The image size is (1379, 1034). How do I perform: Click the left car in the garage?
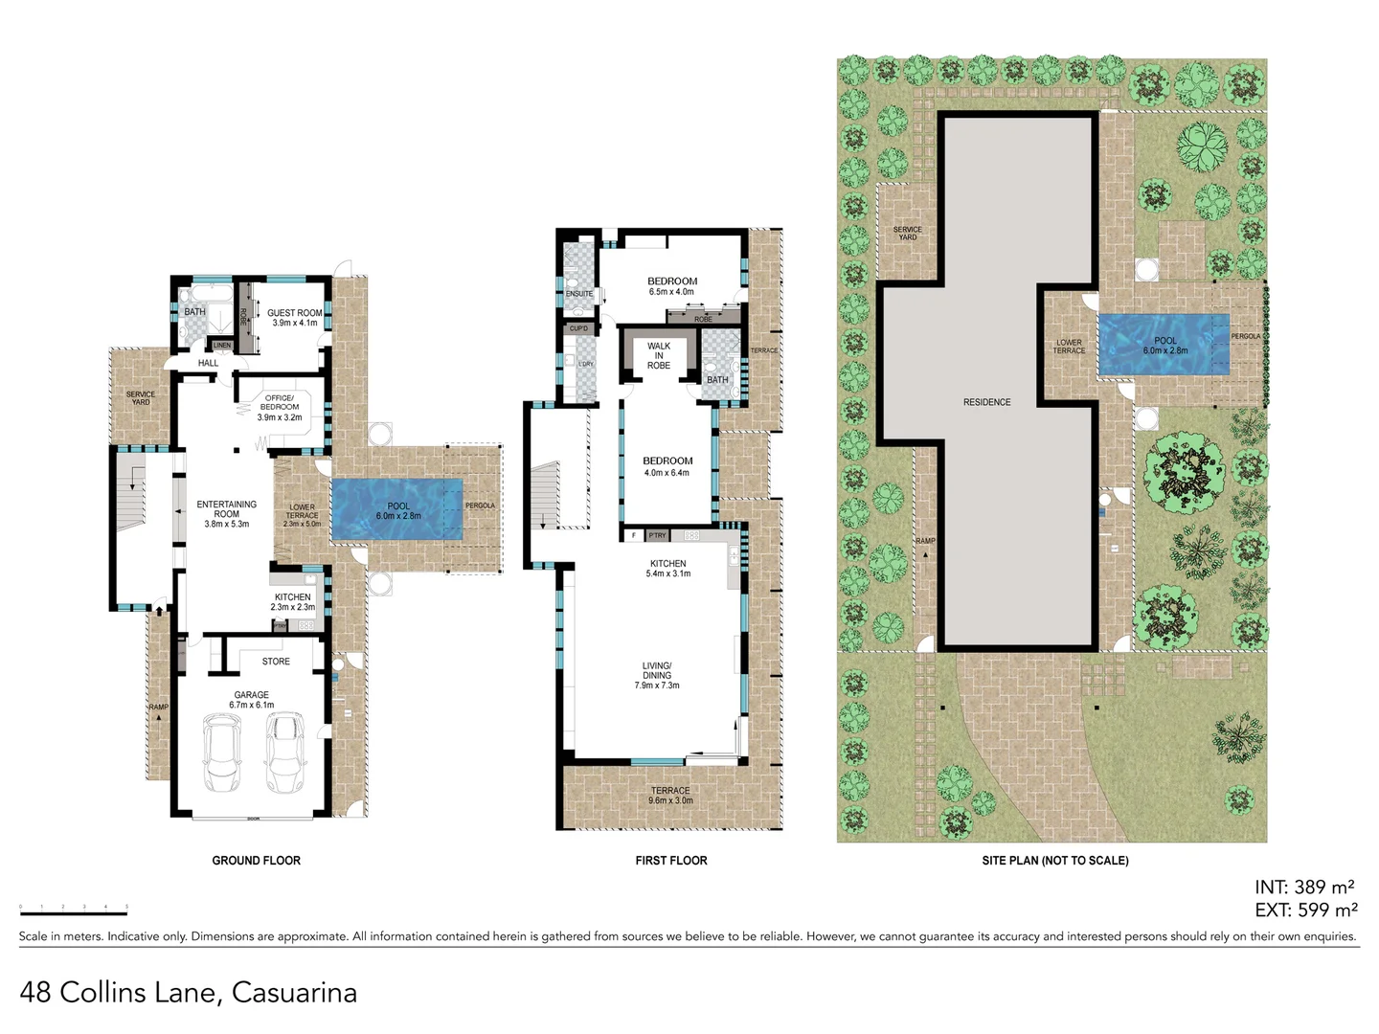point(220,753)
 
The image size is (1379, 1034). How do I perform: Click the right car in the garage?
point(284,753)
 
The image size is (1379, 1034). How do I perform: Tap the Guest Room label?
point(294,318)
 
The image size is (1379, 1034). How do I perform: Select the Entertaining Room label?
point(226,513)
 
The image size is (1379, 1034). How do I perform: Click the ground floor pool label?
point(398,510)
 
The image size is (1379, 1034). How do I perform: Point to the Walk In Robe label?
point(659,355)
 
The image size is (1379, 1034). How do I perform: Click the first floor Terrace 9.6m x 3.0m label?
point(669,796)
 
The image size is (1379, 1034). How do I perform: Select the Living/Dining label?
point(657,675)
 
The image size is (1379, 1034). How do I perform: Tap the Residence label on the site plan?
point(986,402)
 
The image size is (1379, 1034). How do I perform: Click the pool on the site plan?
point(1164,345)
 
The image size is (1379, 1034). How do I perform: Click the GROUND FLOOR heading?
point(256,861)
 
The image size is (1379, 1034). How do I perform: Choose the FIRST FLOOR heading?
point(671,861)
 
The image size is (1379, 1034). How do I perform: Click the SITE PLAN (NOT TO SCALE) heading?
point(1054,861)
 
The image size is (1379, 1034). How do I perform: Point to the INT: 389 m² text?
point(1303,888)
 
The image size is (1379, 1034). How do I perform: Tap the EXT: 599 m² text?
point(1305,910)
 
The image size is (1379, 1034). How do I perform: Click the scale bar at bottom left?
point(74,905)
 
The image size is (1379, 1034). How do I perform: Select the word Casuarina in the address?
point(294,993)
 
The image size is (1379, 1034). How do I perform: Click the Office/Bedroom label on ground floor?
point(280,407)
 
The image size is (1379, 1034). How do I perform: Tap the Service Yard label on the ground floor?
point(141,397)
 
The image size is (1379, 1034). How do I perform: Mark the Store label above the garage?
point(276,662)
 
